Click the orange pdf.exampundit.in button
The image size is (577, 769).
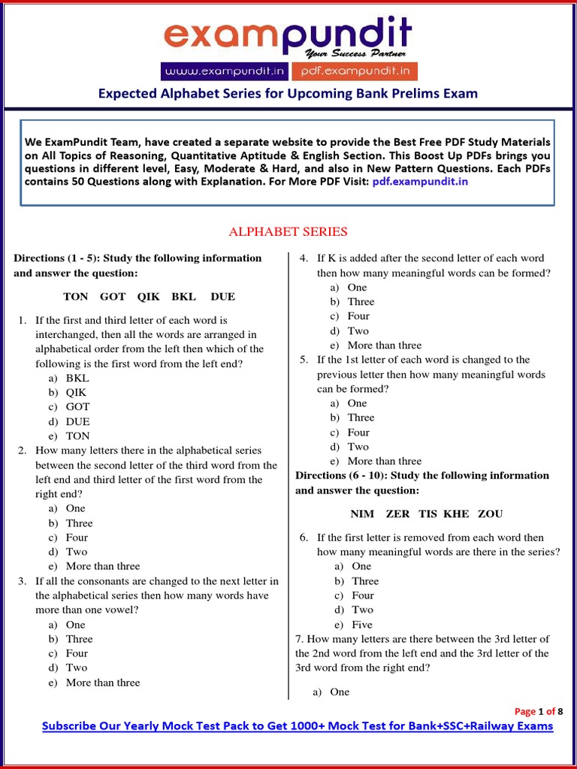[354, 71]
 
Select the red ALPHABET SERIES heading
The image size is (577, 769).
[288, 231]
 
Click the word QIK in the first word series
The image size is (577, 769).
[149, 297]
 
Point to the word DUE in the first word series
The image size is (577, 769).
[223, 297]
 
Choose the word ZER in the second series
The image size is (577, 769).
[397, 514]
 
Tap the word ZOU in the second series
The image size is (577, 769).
[488, 514]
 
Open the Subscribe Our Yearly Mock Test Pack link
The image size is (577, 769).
[298, 726]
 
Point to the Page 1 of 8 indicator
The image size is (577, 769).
[538, 711]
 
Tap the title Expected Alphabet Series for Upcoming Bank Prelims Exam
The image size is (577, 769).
[288, 94]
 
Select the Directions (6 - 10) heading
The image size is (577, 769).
[422, 483]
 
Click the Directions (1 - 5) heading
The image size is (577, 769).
[137, 265]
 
